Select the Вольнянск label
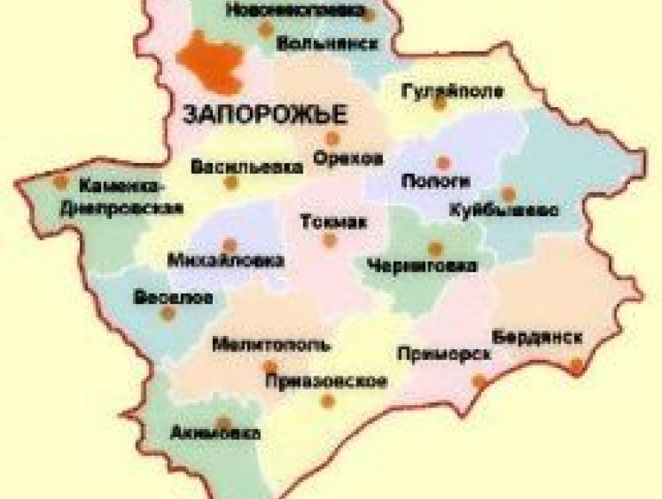point(327,43)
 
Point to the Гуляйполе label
point(452,92)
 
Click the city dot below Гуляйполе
point(440,104)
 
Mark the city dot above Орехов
point(332,139)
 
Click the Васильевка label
point(247,167)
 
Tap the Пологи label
point(436,181)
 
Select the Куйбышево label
point(504,211)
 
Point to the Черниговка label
point(422,265)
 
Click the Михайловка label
point(226,261)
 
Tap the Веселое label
point(173,298)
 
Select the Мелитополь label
point(271,346)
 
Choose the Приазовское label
point(327,382)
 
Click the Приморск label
point(444,354)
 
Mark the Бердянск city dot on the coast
point(576,365)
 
